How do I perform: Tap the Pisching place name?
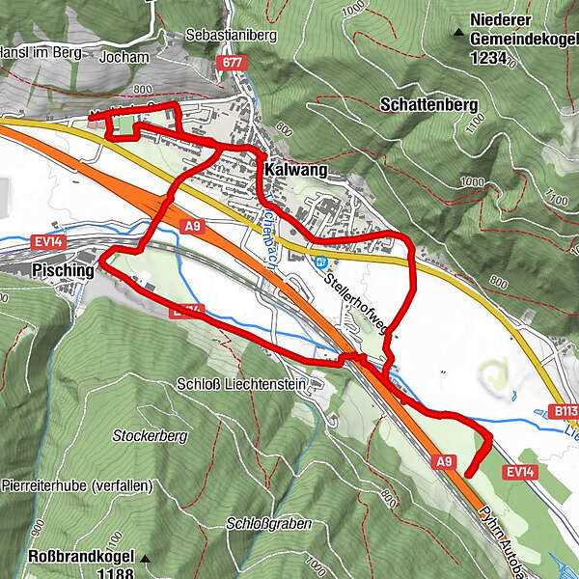pos(63,271)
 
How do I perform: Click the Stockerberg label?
pos(149,436)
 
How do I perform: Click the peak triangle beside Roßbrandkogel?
pos(145,557)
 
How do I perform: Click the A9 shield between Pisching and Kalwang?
pos(193,226)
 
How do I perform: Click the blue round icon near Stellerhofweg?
pos(320,262)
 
